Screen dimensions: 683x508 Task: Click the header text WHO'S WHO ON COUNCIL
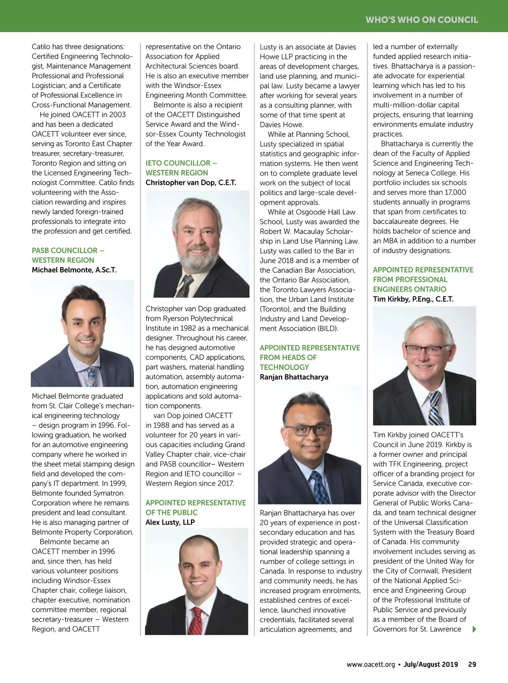point(422,19)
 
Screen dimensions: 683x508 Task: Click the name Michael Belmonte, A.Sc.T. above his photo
point(74,270)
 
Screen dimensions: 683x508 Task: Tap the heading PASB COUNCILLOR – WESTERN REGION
point(67,255)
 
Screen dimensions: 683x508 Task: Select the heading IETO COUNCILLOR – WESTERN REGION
point(181,168)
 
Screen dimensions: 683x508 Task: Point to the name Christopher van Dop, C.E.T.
point(191,183)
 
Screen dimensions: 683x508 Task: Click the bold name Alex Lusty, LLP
point(170,522)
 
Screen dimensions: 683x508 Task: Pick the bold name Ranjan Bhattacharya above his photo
point(294,377)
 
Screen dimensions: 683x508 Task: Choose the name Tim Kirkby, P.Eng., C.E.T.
point(413,299)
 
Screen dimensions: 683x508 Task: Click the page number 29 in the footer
point(472,664)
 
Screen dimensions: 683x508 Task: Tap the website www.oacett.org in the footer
point(370,664)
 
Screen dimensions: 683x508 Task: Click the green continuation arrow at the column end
point(474,629)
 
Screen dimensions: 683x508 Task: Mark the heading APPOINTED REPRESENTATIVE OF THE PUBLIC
point(196,507)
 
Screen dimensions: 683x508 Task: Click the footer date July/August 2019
point(431,664)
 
